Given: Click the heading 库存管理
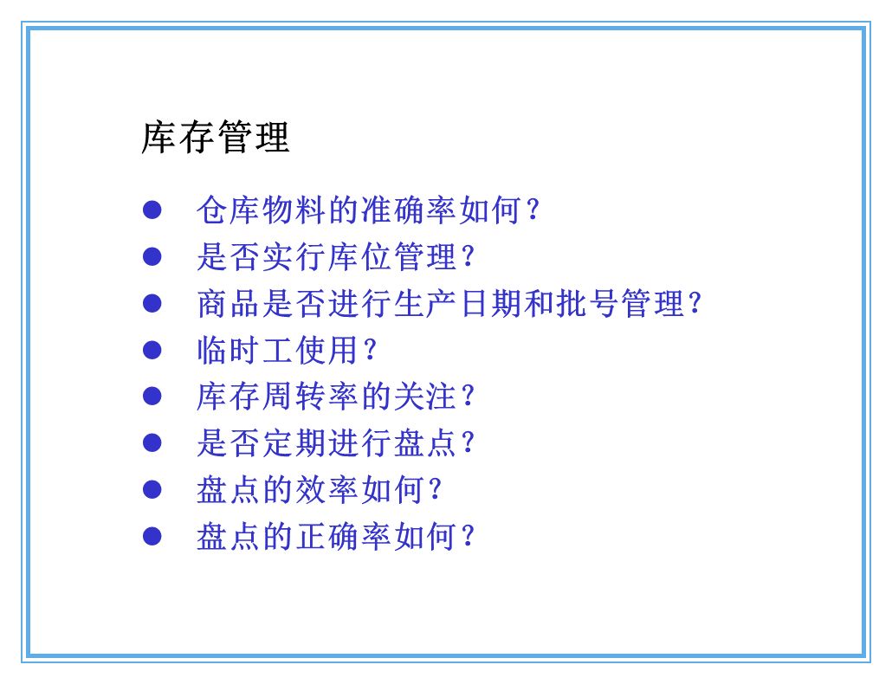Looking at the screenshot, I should click(216, 138).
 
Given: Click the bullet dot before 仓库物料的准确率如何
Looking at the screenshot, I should click(152, 210).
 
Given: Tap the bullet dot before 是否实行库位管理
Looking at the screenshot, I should click(152, 256).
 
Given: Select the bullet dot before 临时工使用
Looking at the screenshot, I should click(152, 350).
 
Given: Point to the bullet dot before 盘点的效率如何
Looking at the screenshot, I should click(152, 490).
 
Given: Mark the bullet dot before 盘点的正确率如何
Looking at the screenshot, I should click(152, 537).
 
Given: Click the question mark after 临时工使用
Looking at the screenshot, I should click(369, 351).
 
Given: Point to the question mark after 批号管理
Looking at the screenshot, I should click(693, 304).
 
